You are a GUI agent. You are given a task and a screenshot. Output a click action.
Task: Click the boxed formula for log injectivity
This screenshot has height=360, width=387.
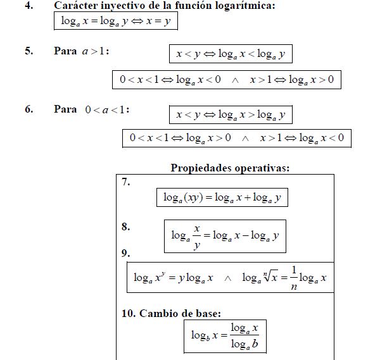pyautogui.click(x=115, y=22)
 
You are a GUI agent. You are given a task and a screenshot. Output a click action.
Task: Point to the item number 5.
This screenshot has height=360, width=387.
pyautogui.click(x=29, y=51)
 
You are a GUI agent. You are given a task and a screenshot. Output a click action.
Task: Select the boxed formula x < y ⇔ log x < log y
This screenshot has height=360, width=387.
pyautogui.click(x=231, y=54)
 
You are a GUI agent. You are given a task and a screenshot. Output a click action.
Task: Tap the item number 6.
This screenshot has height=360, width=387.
pyautogui.click(x=29, y=109)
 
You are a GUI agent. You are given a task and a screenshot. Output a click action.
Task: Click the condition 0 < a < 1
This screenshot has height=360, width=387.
pyautogui.click(x=107, y=109)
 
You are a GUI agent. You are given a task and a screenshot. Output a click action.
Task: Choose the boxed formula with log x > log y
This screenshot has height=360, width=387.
pyautogui.click(x=231, y=115)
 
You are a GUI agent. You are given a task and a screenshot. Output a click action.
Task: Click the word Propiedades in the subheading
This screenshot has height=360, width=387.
pyautogui.click(x=200, y=168)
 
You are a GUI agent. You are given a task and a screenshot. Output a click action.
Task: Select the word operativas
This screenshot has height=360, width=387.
pyautogui.click(x=261, y=168)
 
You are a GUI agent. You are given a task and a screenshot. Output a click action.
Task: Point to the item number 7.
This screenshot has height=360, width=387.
pyautogui.click(x=125, y=182)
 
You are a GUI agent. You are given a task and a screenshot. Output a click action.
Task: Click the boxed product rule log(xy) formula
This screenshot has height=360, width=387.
pyautogui.click(x=222, y=198)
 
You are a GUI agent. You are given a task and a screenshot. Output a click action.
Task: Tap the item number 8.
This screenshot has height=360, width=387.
pyautogui.click(x=125, y=226)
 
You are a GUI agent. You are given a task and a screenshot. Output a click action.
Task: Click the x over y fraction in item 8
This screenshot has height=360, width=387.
pyautogui.click(x=198, y=236)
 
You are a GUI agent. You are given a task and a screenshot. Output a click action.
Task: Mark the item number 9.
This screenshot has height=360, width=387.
pyautogui.click(x=125, y=253)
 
